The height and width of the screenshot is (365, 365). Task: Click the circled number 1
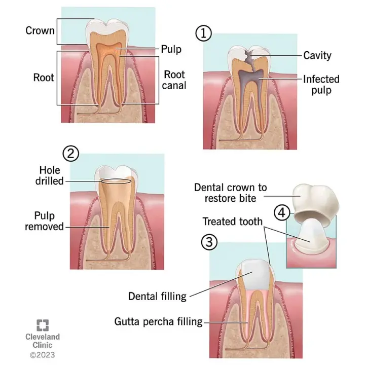[x=203, y=33]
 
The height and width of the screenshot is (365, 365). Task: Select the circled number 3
[x=209, y=242]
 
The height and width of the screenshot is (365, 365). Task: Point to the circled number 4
[x=282, y=212]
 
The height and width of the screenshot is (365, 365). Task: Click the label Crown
[x=40, y=31]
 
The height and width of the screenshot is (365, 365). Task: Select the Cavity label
[x=317, y=55]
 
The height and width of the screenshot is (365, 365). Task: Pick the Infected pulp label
[x=321, y=85]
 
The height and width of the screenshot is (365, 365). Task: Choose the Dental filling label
[x=157, y=296]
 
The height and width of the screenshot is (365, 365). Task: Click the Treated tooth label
[x=233, y=222]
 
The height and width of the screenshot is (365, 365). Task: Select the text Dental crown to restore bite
[x=231, y=192]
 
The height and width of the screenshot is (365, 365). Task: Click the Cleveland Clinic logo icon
[x=43, y=325]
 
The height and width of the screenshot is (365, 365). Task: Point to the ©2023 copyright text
[x=42, y=354]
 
